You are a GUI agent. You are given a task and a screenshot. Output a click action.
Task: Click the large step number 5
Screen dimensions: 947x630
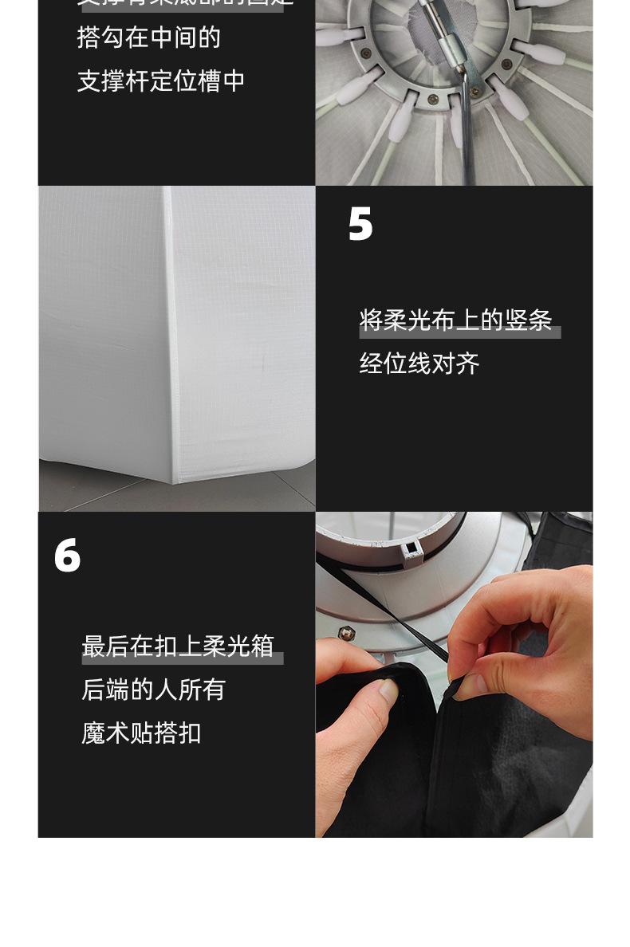click(360, 224)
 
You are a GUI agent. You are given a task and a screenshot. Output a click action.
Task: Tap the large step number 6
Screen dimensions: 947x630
click(67, 555)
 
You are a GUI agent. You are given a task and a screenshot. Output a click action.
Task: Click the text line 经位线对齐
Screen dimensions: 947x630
click(419, 364)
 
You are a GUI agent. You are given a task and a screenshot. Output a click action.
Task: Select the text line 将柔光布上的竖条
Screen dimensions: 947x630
click(455, 320)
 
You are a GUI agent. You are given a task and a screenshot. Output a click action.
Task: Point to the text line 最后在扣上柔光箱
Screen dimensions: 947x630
click(178, 646)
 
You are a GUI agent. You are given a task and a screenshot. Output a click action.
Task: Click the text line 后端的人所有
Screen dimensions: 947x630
click(153, 690)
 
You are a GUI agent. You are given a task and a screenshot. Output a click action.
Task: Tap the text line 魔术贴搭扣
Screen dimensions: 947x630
click(141, 733)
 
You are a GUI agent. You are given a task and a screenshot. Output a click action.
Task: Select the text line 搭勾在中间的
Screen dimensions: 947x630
click(149, 37)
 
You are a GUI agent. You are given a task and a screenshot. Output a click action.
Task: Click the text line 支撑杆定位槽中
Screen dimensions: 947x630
click(161, 81)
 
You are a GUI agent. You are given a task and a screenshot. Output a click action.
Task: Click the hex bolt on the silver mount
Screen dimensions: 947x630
click(346, 633)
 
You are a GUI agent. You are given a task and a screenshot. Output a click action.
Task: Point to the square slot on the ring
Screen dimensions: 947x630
click(412, 548)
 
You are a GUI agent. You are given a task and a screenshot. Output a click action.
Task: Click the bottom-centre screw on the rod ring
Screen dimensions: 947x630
click(432, 99)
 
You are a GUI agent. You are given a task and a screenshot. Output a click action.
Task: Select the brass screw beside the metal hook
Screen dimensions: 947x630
click(475, 92)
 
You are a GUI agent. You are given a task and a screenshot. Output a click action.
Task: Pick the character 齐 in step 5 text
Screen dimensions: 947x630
click(468, 364)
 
